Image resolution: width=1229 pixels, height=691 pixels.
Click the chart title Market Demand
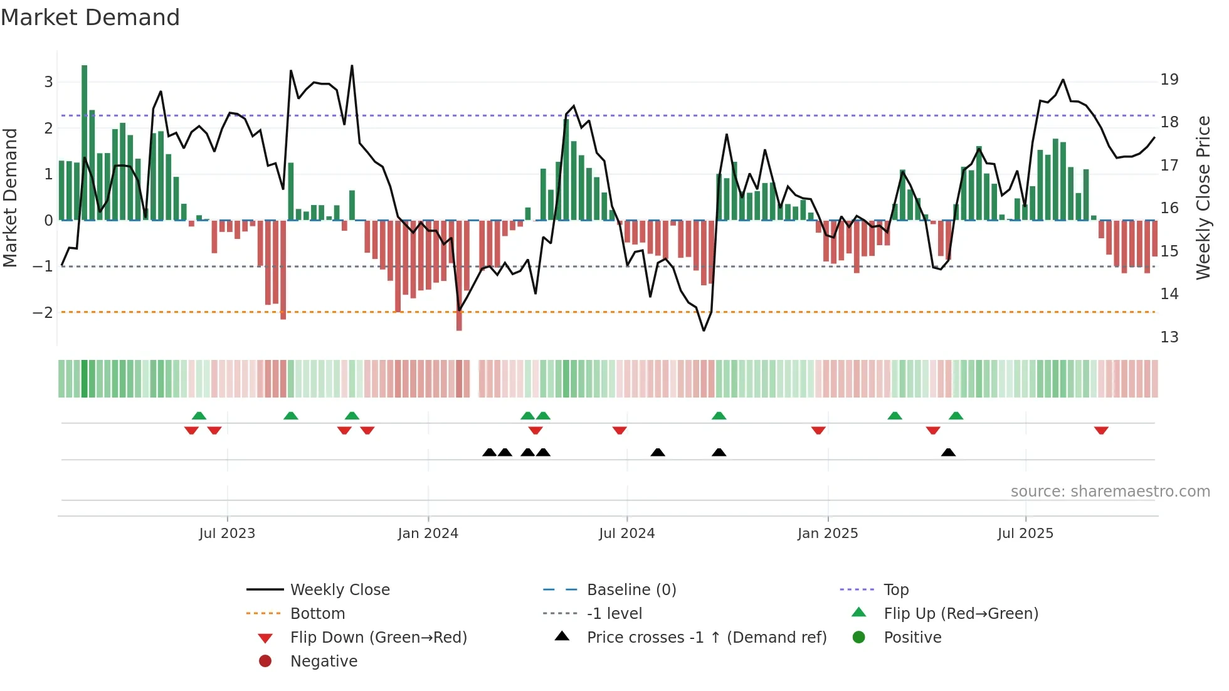pos(90,18)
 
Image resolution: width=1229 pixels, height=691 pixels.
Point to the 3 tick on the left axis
pos(48,82)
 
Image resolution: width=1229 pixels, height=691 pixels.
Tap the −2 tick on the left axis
pos(43,312)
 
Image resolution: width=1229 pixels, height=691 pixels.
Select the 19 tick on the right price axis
pos(1169,80)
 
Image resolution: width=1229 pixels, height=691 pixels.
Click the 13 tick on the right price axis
pos(1169,337)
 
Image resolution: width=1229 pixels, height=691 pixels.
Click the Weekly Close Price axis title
pos(1203,198)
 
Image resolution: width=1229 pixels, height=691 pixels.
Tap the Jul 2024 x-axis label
pos(626,534)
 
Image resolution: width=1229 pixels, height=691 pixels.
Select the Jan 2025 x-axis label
pos(827,534)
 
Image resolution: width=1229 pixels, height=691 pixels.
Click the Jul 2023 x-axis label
pos(227,534)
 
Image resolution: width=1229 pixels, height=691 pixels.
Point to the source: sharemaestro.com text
pos(1110,492)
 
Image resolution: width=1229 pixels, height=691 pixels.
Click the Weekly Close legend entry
pos(339,590)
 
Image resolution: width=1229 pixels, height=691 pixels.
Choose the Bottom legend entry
pos(317,614)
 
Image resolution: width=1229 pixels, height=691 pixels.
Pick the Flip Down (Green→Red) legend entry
pos(378,638)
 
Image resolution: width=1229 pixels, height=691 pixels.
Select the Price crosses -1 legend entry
pos(706,638)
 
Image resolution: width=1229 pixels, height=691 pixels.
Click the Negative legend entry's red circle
pos(265,662)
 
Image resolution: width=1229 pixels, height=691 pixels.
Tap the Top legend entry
pos(895,590)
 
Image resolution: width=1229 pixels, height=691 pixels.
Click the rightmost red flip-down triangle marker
pos(1101,430)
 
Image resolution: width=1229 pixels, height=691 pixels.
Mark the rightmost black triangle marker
pos(948,453)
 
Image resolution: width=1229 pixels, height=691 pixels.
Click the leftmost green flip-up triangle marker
pos(199,416)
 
